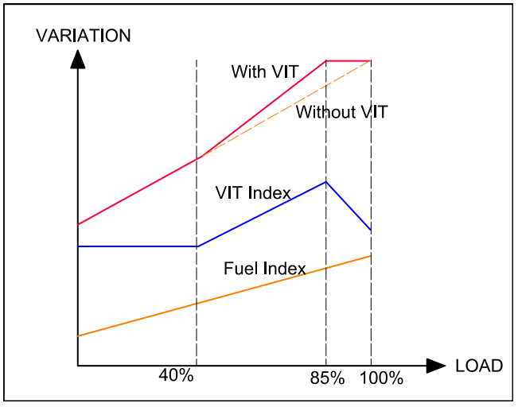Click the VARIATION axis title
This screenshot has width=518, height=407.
point(84,36)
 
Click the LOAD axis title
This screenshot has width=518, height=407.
point(479,366)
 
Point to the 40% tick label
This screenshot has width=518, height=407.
point(176,375)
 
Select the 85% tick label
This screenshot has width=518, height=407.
point(327,378)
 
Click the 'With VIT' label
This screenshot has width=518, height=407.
point(265,72)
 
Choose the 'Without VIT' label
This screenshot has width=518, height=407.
point(341,112)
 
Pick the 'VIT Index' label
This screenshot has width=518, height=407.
point(252,192)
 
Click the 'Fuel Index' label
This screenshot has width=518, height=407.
point(265,269)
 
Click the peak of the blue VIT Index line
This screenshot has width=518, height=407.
point(326,182)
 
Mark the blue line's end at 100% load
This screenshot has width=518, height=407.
point(371,231)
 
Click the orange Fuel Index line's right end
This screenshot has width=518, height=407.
point(371,256)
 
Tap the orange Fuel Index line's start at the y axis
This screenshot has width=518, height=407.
point(78,336)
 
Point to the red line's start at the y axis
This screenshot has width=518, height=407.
point(78,225)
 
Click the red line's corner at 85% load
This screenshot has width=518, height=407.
point(326,60)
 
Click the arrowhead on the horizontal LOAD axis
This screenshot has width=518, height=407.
point(436,366)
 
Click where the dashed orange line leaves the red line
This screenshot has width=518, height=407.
point(197,158)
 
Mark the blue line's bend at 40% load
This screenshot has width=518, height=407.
point(197,246)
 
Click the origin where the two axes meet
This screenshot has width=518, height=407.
point(78,366)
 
